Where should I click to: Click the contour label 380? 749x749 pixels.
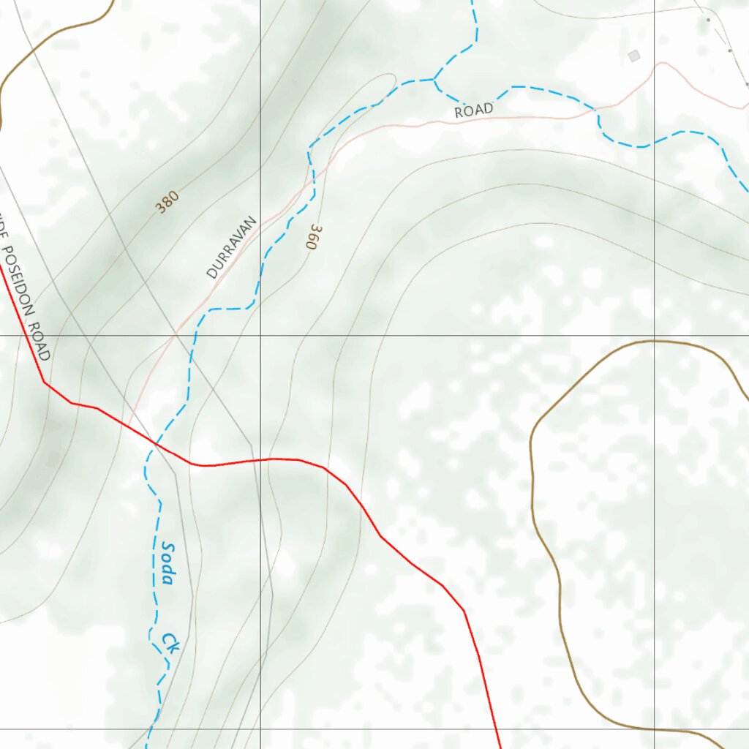(x=167, y=203)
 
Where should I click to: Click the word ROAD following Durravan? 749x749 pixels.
(x=473, y=110)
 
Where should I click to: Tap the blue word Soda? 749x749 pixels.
(x=168, y=563)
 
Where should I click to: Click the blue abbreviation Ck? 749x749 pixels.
(x=170, y=643)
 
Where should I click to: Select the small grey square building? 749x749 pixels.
(x=633, y=56)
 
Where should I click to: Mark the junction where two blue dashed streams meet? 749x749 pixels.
(x=434, y=79)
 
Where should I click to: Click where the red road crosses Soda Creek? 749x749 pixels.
(x=155, y=443)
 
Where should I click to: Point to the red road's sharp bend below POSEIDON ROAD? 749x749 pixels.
(x=44, y=382)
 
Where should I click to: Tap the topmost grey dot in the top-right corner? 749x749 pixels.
(x=708, y=20)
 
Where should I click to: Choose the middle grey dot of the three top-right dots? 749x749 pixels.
(x=729, y=50)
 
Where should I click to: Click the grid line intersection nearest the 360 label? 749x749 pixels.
(x=260, y=336)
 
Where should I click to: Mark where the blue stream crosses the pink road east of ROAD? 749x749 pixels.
(x=598, y=113)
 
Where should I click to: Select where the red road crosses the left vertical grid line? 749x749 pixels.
(x=260, y=459)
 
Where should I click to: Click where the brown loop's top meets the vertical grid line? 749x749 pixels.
(x=654, y=341)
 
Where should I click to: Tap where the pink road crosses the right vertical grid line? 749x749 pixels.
(x=654, y=67)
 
